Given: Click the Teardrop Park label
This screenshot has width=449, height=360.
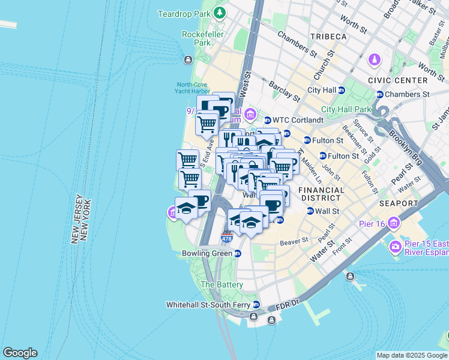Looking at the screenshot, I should (184, 13).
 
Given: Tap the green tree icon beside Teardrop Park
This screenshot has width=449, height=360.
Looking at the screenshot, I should (220, 13).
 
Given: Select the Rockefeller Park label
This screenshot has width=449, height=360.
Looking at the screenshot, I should (197, 38).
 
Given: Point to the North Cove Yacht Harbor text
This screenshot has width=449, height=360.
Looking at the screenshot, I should (191, 88).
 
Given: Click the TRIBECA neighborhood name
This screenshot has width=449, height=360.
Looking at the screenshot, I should (328, 37).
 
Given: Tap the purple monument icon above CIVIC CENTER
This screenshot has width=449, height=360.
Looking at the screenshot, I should (375, 60).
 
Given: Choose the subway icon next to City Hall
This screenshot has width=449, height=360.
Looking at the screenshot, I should (342, 90).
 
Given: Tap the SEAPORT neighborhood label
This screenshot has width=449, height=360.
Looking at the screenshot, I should (398, 204).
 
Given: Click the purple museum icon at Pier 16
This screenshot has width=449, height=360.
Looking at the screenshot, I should (394, 224).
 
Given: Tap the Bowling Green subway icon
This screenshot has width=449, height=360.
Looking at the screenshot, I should (238, 253).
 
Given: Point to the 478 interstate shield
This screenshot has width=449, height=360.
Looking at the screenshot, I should (226, 239).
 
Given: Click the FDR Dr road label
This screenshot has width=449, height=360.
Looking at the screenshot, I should (286, 307).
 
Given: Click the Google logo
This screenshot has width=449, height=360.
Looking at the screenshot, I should (20, 353).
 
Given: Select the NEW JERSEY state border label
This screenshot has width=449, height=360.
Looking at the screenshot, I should (76, 219).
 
